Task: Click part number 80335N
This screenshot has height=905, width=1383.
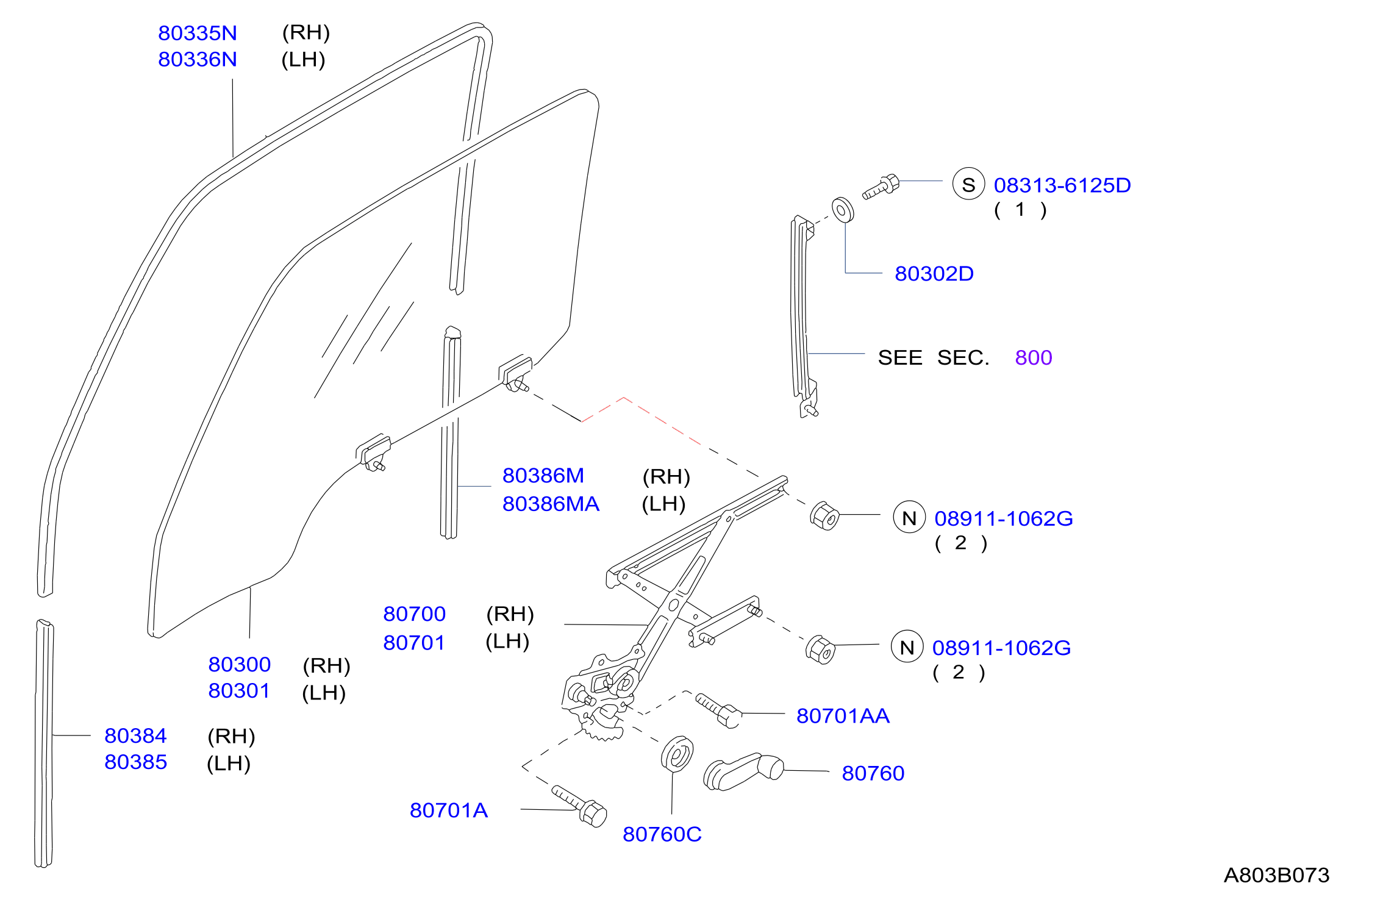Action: pos(198,33)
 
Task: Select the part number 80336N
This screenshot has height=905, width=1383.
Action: pos(198,59)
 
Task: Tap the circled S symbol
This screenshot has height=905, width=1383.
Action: pos(968,184)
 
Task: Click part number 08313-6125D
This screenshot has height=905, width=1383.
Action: pos(1062,185)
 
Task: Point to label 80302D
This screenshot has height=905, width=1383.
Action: pos(934,273)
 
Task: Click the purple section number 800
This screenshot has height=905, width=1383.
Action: pos(1034,357)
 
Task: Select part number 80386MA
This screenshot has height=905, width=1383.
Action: pos(551,504)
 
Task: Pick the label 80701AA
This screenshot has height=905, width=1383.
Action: pos(843,715)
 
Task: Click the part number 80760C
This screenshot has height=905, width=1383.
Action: pos(662,834)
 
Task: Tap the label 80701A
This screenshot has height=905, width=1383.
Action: pos(449,810)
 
